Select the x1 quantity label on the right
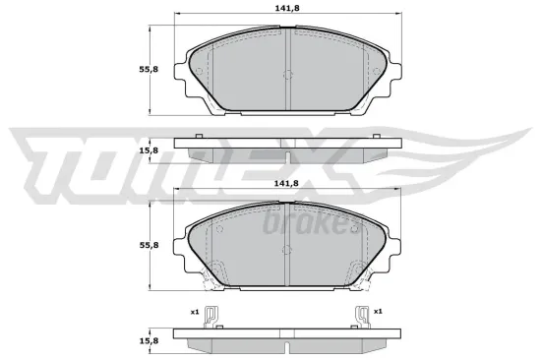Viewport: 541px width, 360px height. (x=377, y=312)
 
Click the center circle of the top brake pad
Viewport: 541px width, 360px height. (x=286, y=78)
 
